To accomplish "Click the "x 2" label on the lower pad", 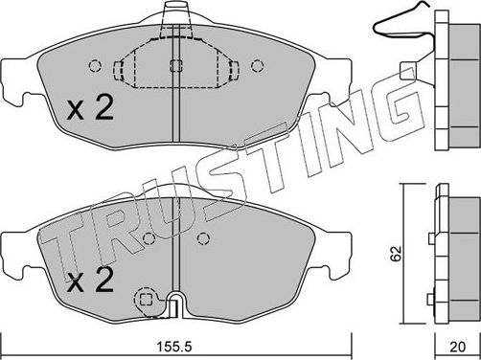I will tap(93, 281).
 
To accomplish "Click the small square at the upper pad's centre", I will tap(174, 67).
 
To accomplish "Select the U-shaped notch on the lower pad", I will tap(175, 304).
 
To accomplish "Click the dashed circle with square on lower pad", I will tap(147, 300).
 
